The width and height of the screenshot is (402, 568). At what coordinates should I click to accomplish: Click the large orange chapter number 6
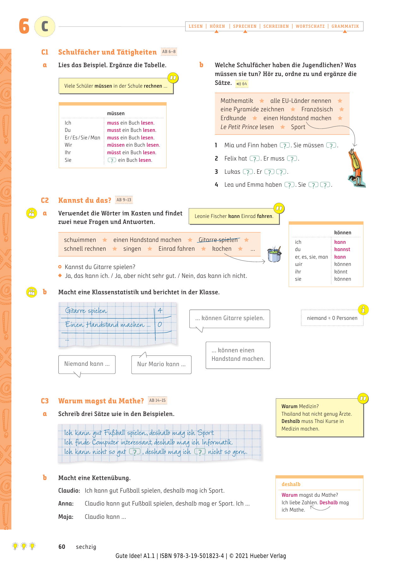click(x=24, y=26)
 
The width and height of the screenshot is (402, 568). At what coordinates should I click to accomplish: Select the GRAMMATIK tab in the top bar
click(x=345, y=26)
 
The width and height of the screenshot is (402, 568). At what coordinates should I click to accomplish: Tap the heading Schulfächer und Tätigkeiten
click(x=107, y=52)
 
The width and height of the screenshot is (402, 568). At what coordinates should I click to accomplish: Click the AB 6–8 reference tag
click(x=169, y=52)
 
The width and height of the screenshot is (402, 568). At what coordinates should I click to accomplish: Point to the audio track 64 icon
click(x=242, y=84)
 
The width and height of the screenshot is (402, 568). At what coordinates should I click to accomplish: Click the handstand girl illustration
click(x=357, y=168)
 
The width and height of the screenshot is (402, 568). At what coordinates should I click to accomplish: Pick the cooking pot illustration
click(x=274, y=255)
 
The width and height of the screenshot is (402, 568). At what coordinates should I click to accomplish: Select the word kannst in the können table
click(x=342, y=249)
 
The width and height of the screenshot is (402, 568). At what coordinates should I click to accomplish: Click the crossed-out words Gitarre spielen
click(x=218, y=240)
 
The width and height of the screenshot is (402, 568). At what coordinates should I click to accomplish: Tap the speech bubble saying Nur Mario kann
click(x=161, y=364)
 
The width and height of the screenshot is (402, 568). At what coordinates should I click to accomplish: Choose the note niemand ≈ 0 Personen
click(x=332, y=318)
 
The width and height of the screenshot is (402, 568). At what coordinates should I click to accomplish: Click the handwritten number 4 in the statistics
click(x=160, y=310)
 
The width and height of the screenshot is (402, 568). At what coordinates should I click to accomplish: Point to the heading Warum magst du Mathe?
click(x=101, y=401)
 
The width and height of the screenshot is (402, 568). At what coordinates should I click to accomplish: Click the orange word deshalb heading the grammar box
click(x=291, y=484)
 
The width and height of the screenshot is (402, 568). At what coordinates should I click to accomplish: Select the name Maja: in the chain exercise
click(x=66, y=517)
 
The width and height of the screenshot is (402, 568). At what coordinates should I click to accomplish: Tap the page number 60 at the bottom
click(x=62, y=547)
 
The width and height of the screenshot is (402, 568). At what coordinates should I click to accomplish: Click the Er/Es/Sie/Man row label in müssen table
click(x=82, y=138)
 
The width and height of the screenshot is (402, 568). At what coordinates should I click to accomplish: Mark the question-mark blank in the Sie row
click(x=112, y=160)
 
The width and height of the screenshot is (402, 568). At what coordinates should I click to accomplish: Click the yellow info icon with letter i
click(x=363, y=310)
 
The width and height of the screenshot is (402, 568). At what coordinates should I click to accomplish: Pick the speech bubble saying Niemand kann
click(x=87, y=364)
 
